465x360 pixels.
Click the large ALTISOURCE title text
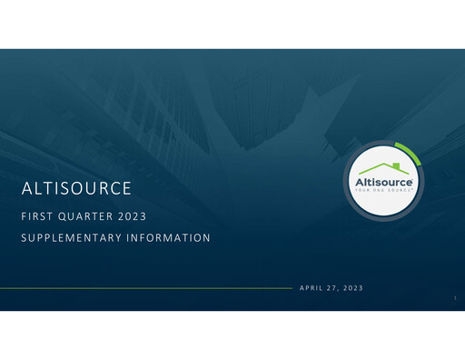pyautogui.click(x=77, y=190)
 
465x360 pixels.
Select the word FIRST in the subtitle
pyautogui.click(x=38, y=218)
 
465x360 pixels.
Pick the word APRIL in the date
pyautogui.click(x=312, y=288)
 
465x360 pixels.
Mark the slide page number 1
pyautogui.click(x=452, y=296)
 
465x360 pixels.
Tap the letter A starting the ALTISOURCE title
pyautogui.click(x=26, y=190)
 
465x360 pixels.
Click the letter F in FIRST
pyautogui.click(x=25, y=218)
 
